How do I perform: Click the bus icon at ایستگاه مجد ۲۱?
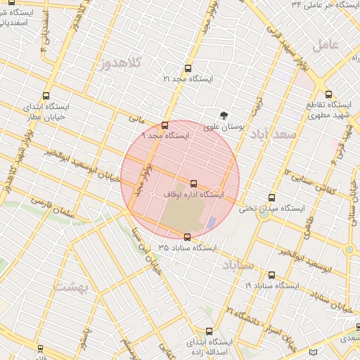(188, 68)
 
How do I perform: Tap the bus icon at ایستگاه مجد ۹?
(165, 125)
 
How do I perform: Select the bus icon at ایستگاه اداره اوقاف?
(193, 184)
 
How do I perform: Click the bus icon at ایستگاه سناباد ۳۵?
(187, 237)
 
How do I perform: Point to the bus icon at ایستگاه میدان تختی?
(272, 198)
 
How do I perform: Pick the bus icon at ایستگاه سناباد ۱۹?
(272, 275)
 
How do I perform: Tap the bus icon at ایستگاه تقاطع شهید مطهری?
(328, 94)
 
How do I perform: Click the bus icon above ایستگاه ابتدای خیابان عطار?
(46, 96)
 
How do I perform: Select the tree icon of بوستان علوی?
(224, 116)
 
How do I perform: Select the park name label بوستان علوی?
(224, 128)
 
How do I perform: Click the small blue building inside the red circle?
(212, 222)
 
